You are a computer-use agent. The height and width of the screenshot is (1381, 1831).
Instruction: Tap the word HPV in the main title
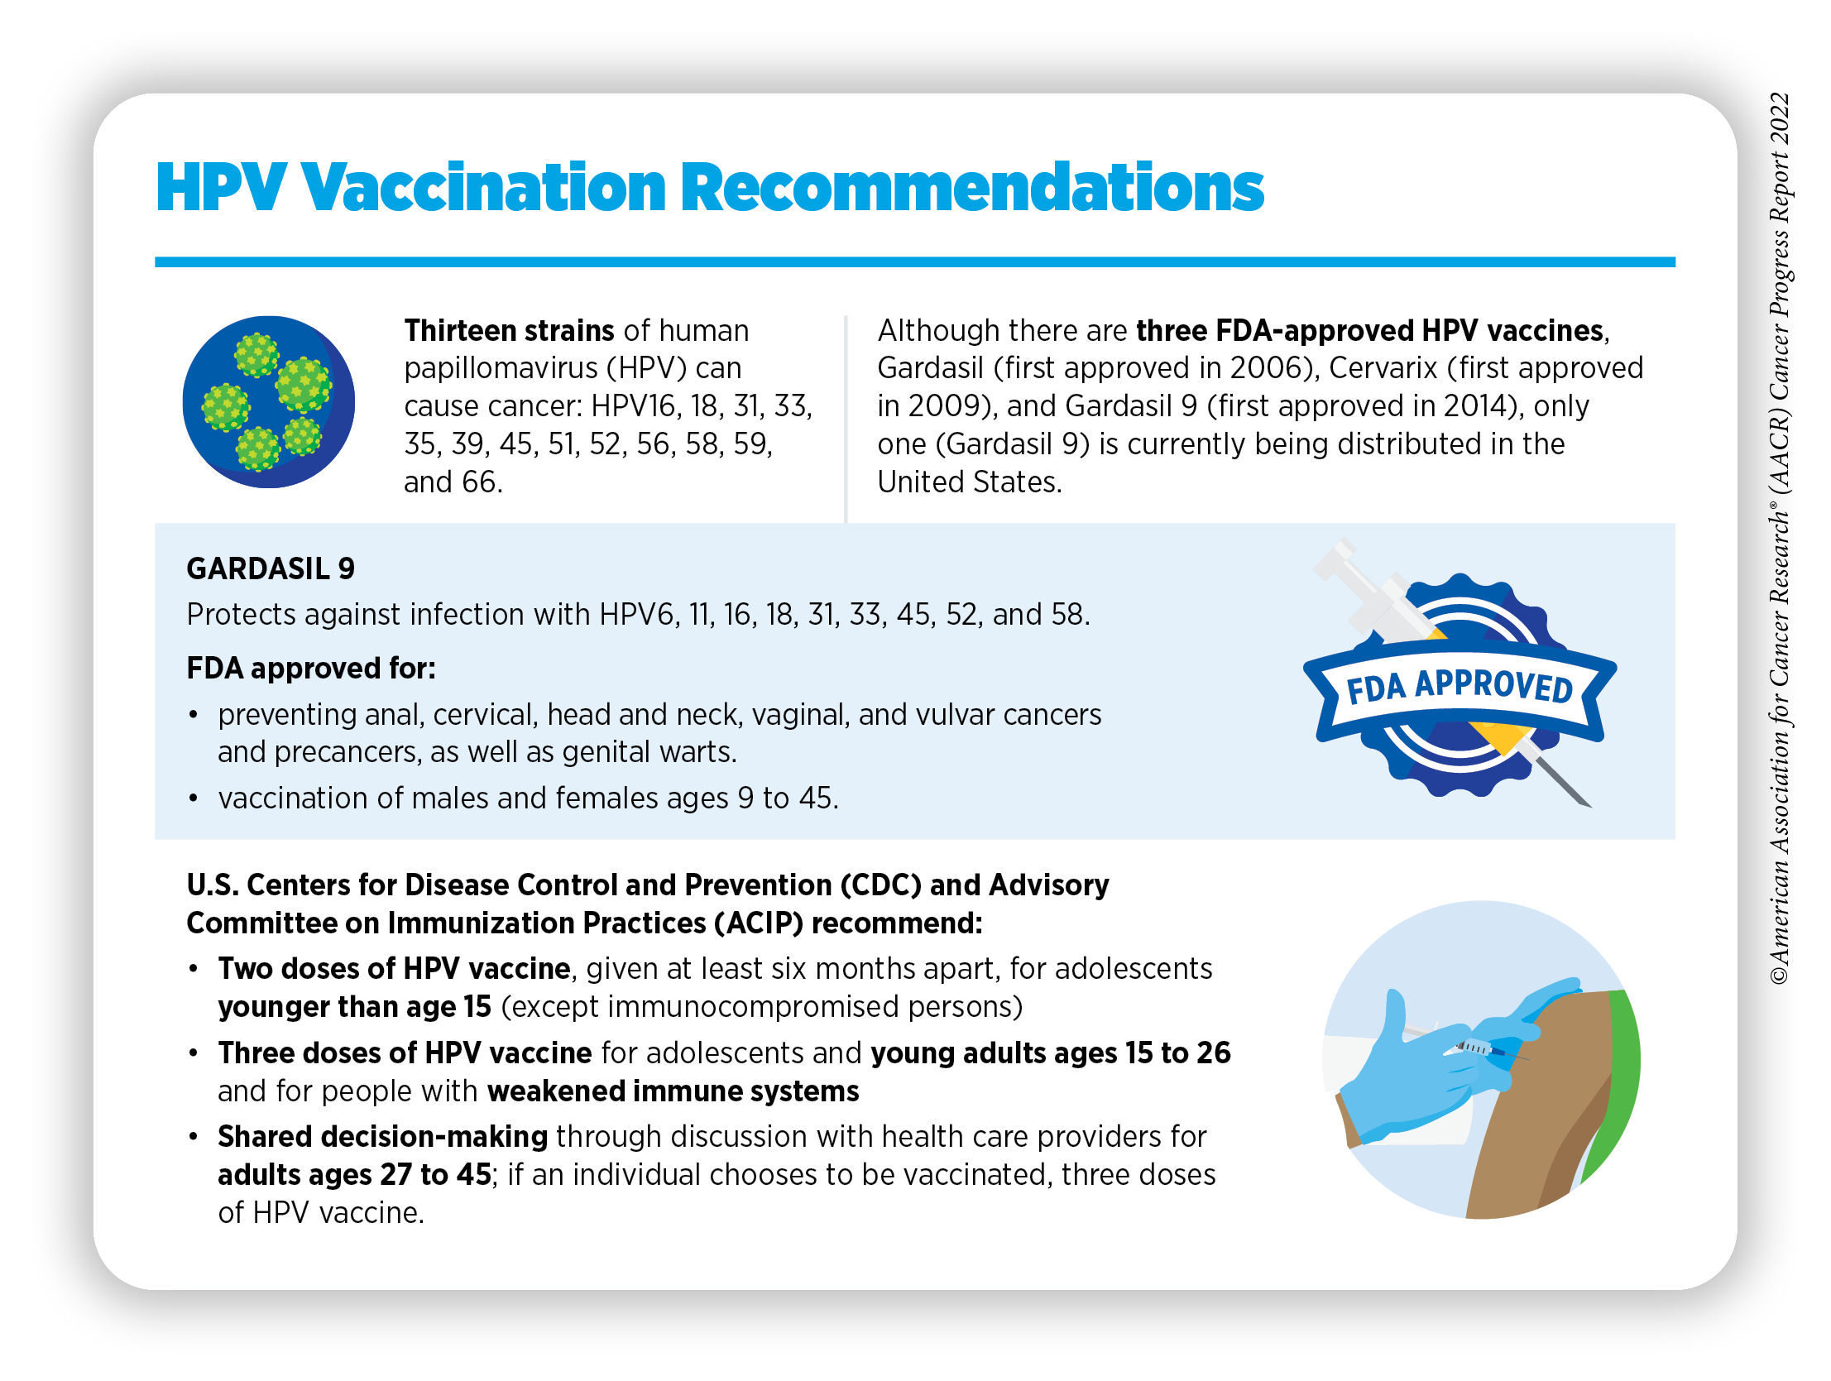pyautogui.click(x=221, y=187)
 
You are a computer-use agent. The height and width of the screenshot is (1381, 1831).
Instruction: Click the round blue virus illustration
pyautogui.click(x=268, y=401)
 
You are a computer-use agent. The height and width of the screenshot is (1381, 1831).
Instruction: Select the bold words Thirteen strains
pyautogui.click(x=509, y=330)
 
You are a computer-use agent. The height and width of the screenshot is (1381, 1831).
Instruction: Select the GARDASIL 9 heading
pyautogui.click(x=271, y=568)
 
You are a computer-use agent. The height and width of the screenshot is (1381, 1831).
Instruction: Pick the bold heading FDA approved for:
pyautogui.click(x=311, y=668)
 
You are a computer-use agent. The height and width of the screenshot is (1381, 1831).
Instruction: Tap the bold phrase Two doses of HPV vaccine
pyautogui.click(x=394, y=969)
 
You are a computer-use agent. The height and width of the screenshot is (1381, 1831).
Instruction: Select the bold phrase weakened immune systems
pyautogui.click(x=673, y=1091)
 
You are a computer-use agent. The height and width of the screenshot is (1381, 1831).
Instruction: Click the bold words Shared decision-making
pyautogui.click(x=382, y=1137)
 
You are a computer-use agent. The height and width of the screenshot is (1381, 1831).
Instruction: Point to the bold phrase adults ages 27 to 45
pyautogui.click(x=354, y=1175)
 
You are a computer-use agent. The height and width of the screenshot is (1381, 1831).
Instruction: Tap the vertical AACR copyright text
pyautogui.click(x=1780, y=538)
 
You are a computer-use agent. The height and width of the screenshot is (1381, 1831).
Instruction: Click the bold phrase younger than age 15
pyautogui.click(x=354, y=1007)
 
